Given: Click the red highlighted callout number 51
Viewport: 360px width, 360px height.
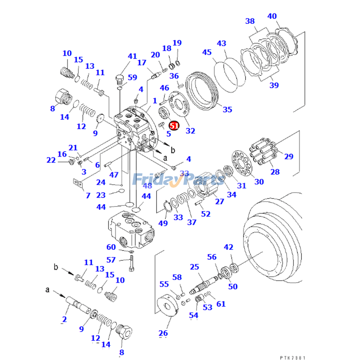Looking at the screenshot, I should pos(174,126).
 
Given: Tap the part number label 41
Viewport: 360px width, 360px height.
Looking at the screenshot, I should pos(132,56).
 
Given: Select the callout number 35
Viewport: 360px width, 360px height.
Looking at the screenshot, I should pos(228,109).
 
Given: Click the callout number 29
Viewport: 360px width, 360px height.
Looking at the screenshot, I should pos(288,157).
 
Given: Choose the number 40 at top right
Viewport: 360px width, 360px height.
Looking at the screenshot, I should pos(272,17).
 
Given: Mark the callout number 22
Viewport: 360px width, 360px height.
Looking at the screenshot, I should pos(51,160).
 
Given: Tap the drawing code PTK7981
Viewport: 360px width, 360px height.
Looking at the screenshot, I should pos(292,358).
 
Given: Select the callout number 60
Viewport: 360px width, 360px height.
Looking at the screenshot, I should pos(111,247).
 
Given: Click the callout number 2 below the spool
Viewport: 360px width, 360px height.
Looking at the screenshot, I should pos(64,319).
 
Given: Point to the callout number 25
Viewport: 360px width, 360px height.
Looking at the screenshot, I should pos(194,267).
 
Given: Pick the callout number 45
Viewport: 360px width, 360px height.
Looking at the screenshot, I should pos(207,53).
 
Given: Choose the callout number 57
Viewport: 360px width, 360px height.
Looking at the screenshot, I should pos(111,260).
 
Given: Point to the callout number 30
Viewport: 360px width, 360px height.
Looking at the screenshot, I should pos(259,182).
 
